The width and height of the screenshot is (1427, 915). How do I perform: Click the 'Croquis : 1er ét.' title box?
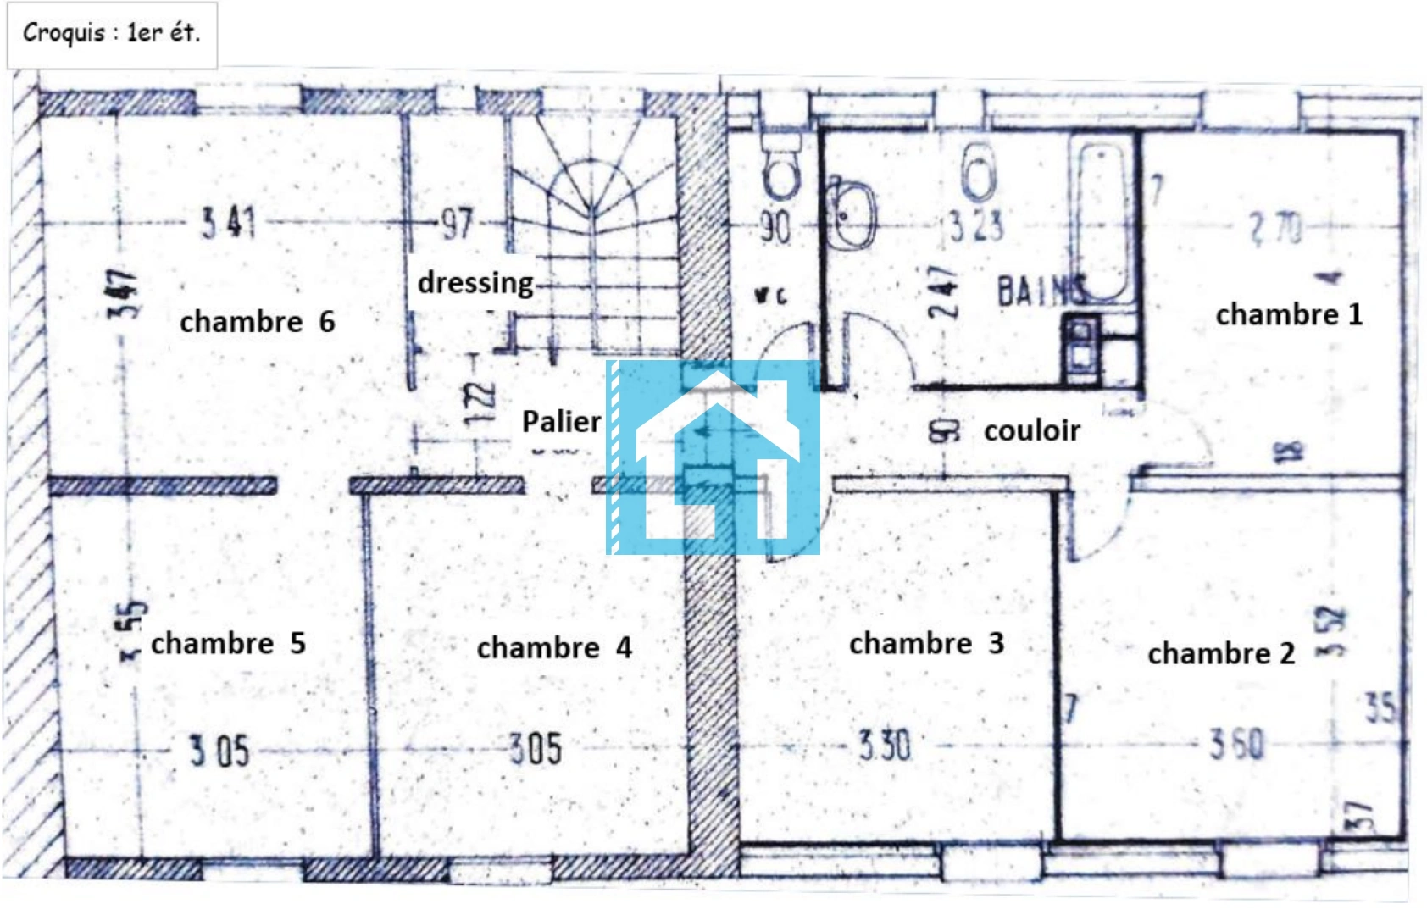tap(111, 34)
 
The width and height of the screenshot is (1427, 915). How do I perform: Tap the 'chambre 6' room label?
tap(257, 322)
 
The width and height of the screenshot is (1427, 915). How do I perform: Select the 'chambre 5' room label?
tap(228, 643)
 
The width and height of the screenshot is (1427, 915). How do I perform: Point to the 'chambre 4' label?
tap(554, 648)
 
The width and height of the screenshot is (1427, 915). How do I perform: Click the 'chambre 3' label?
tap(926, 644)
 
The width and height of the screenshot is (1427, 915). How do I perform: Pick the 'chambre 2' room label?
tap(1221, 654)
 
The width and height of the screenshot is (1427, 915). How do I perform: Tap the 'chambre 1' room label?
tap(1289, 315)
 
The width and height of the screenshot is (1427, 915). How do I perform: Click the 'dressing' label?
tap(475, 283)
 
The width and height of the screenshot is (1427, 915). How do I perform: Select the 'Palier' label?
tap(561, 421)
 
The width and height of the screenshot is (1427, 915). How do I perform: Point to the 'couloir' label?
tap(1032, 430)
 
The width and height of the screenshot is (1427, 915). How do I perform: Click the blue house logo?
tap(713, 457)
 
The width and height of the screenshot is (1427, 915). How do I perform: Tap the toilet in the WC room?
tap(781, 169)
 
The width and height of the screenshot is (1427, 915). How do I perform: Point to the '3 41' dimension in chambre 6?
tap(228, 223)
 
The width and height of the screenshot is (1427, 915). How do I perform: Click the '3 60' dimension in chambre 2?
tap(1236, 745)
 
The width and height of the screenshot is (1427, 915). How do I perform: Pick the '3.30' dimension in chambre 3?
tap(884, 746)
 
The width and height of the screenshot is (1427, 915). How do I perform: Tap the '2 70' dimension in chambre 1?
tap(1275, 228)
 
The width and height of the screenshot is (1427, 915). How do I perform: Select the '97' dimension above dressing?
tap(457, 224)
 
